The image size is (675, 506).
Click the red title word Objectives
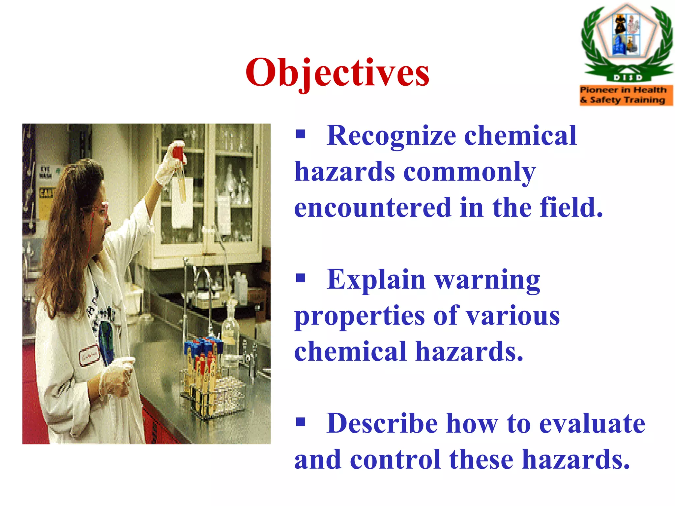click(337, 72)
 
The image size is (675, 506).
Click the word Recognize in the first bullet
click(391, 136)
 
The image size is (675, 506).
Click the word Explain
click(376, 280)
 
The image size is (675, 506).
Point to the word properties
click(359, 316)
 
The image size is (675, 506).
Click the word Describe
click(382, 424)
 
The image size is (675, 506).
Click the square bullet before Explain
click(300, 278)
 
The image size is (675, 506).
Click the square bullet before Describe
click(300, 422)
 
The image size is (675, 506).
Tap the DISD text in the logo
click(628, 78)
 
